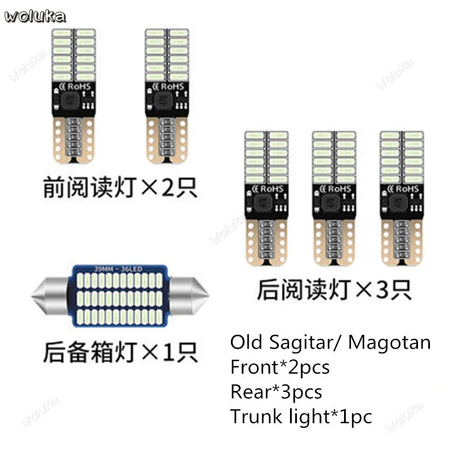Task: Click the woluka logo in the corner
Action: pyautogui.click(x=35, y=15)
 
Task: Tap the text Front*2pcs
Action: pyautogui.click(x=280, y=367)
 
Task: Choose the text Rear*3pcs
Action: pyautogui.click(x=276, y=392)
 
